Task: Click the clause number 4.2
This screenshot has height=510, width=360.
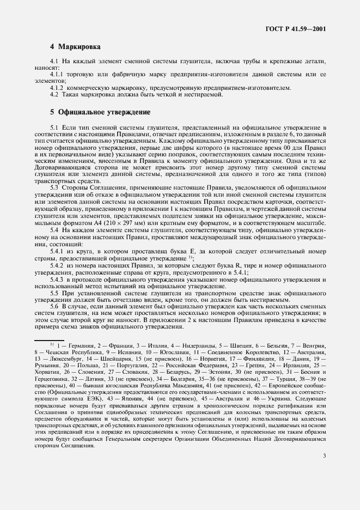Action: point(53,95)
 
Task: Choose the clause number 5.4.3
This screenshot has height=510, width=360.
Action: point(57,280)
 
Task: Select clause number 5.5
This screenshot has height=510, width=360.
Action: point(53,293)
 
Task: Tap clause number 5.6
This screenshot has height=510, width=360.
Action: point(53,306)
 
